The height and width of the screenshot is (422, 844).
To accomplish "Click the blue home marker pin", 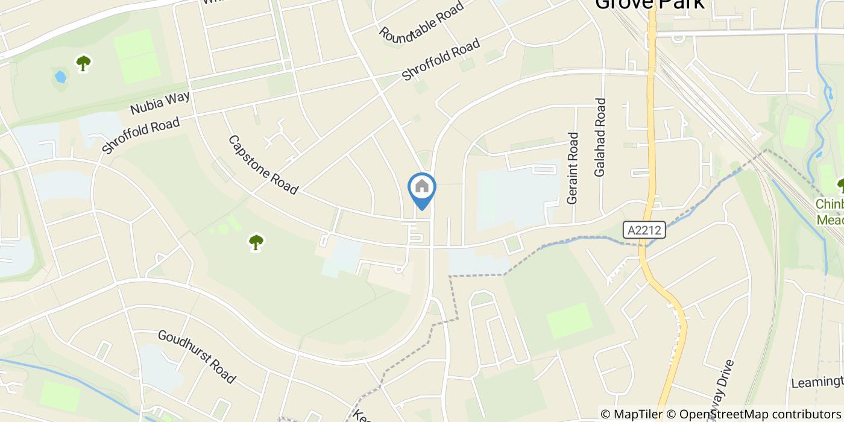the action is (x=422, y=188).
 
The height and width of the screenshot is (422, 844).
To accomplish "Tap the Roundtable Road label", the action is (x=421, y=21).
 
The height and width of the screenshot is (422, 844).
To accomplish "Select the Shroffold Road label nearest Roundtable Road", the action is (x=441, y=60).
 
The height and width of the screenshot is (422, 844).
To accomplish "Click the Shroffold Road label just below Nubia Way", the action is (x=140, y=136).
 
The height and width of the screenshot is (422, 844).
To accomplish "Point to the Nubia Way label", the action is (x=160, y=102).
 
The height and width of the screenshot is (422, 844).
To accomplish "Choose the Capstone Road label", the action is (x=263, y=165).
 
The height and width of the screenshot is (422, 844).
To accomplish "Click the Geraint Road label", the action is (x=573, y=168).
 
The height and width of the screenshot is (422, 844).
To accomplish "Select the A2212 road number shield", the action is (x=644, y=230).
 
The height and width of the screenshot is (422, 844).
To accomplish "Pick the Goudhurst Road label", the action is (x=197, y=356).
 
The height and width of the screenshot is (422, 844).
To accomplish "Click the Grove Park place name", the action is (x=649, y=4).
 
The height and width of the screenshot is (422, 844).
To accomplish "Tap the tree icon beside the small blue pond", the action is (x=83, y=63).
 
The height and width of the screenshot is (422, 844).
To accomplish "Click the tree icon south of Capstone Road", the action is (x=256, y=242).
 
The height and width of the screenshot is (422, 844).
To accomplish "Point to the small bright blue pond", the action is (x=60, y=77).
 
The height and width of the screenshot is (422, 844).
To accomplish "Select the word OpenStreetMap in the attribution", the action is (x=718, y=414).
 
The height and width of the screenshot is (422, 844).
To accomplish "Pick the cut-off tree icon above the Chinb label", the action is (x=840, y=184).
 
